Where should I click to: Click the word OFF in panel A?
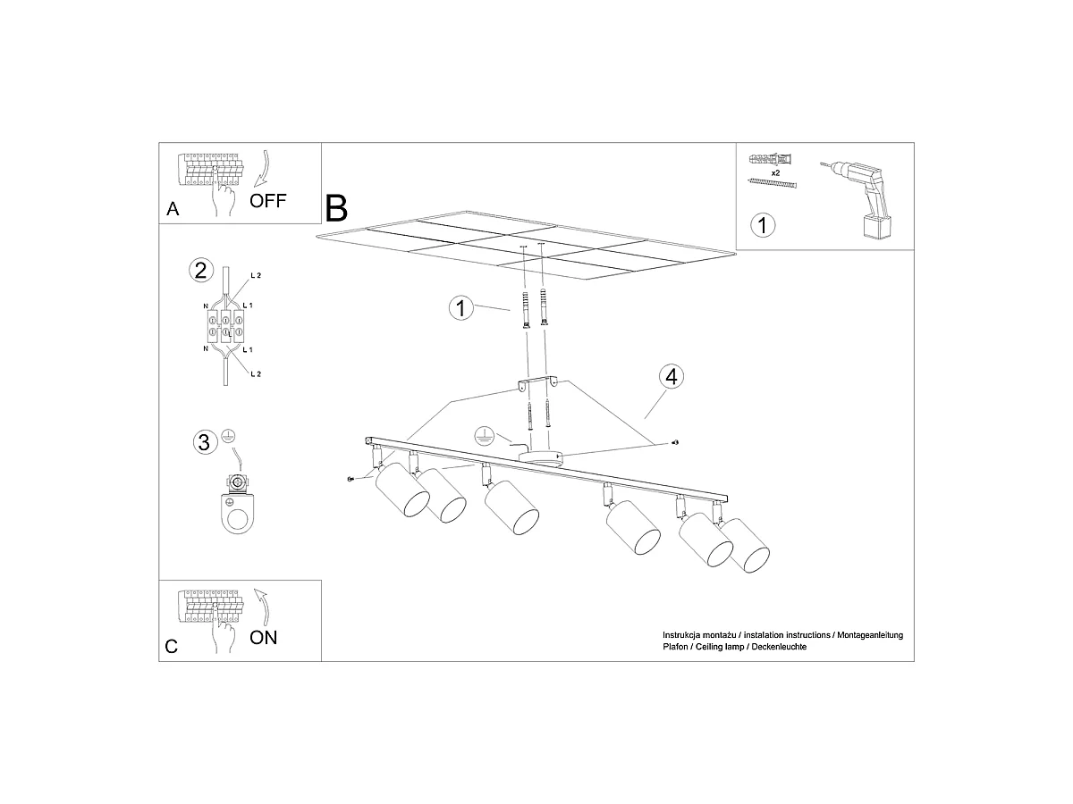click(x=267, y=201)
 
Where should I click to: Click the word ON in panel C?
click(x=263, y=638)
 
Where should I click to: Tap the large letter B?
click(x=336, y=208)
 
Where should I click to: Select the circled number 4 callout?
click(x=672, y=377)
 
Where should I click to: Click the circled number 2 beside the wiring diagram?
click(x=201, y=270)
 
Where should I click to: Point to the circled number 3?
click(x=205, y=442)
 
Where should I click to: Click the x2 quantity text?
click(x=775, y=172)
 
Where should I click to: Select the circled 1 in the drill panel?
click(x=763, y=225)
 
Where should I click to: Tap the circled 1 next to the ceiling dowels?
click(x=461, y=308)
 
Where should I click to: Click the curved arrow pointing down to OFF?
click(x=262, y=169)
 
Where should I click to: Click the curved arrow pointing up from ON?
click(x=262, y=607)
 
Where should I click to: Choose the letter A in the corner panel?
click(x=173, y=209)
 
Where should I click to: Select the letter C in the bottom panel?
click(x=171, y=647)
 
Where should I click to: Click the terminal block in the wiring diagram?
click(x=225, y=325)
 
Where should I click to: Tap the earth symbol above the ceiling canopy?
click(x=484, y=436)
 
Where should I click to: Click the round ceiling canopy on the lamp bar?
click(x=541, y=457)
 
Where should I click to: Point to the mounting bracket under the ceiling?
click(x=537, y=381)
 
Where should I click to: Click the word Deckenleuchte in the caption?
click(x=779, y=647)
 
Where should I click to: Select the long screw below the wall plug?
click(x=772, y=183)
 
